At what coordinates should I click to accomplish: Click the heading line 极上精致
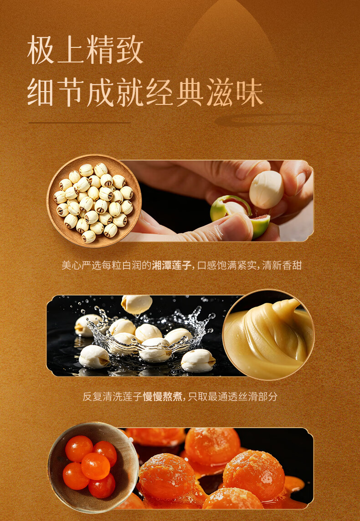coord(85,50)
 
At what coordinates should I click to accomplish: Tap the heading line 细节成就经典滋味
coord(145,93)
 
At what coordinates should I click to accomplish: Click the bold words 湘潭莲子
coord(171,265)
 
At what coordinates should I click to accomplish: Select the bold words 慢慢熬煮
coord(163,397)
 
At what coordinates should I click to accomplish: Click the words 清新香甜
coord(282,265)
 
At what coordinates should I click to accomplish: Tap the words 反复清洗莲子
coord(113,397)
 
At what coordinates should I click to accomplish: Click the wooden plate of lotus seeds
coord(94,201)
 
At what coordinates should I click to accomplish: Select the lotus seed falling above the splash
coord(137,304)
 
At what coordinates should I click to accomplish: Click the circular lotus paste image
coord(268,335)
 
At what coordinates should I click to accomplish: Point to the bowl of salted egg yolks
coord(93,468)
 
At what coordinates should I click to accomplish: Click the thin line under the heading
coord(79,123)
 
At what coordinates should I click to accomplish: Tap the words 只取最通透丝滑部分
coord(232,397)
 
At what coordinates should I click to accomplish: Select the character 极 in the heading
coord(41,50)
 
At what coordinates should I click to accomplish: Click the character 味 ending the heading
coord(250,93)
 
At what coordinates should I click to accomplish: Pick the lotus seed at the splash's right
coord(198,361)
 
